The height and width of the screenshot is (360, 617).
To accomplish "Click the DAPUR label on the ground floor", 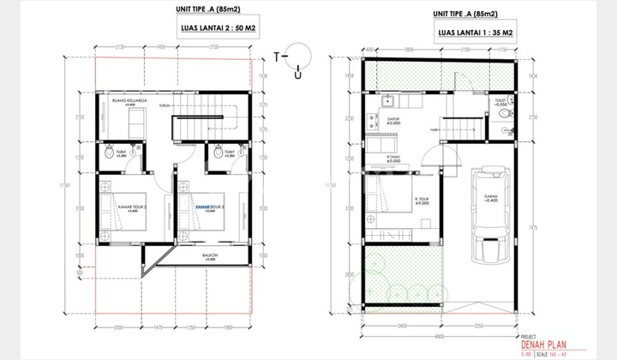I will tap(393, 121).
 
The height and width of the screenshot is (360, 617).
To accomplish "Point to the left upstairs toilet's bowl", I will tap(108, 153).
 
